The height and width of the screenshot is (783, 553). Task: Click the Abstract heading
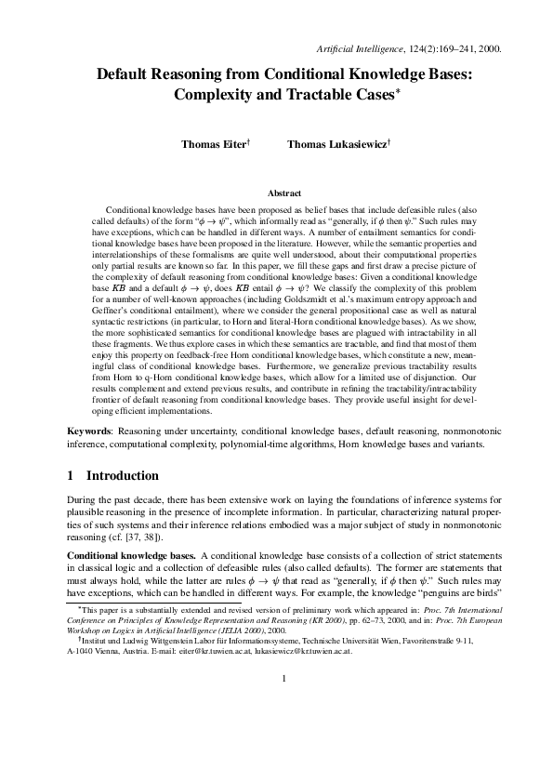tap(283, 193)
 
